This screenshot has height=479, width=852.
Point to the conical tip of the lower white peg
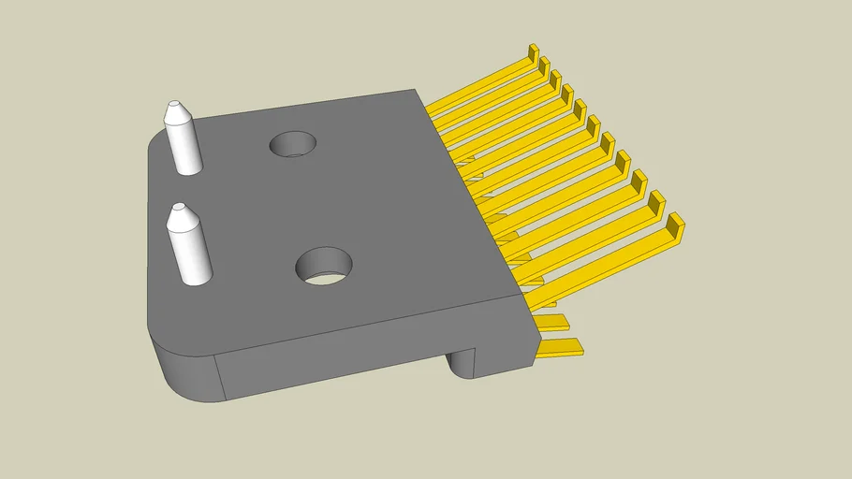pyautogui.click(x=179, y=215)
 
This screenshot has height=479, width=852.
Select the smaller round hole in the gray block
pyautogui.click(x=292, y=144)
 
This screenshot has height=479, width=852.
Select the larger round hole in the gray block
pyautogui.click(x=323, y=266)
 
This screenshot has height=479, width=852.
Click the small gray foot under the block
pyautogui.click(x=463, y=361)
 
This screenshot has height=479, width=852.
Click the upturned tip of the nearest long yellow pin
pyautogui.click(x=674, y=225)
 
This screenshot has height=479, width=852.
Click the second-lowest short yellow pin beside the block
pyautogui.click(x=554, y=323)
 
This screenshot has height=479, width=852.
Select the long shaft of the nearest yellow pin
pyautogui.click(x=599, y=257)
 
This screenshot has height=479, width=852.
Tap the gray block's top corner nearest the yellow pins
pyautogui.click(x=521, y=294)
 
